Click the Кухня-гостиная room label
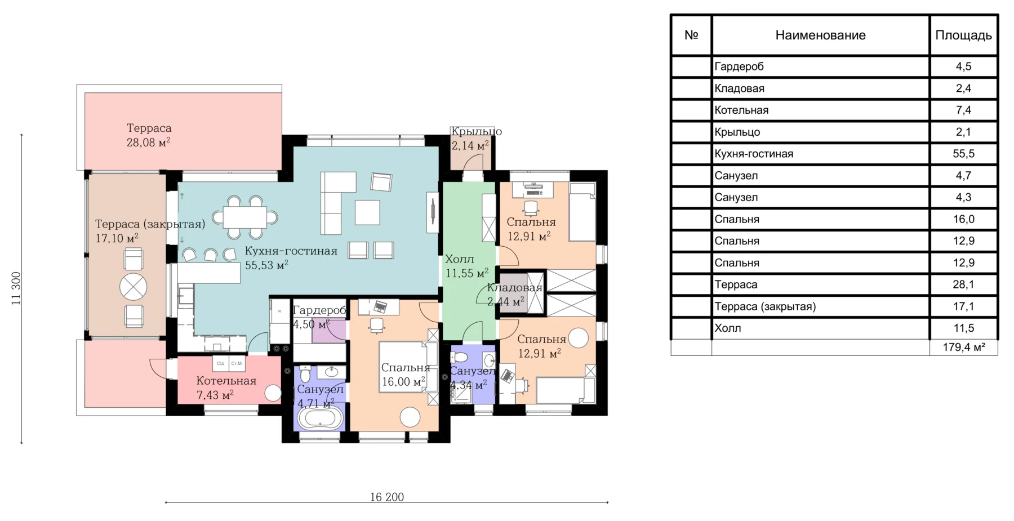point(291,251)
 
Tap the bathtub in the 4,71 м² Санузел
point(319,419)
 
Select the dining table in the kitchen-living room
point(244,217)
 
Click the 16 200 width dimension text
point(387,497)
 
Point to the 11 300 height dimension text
point(16,289)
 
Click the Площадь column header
point(963,35)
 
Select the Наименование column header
point(820,35)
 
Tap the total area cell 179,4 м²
point(964,348)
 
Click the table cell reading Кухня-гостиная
point(754,154)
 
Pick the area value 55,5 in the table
point(964,154)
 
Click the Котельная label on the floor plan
point(226,381)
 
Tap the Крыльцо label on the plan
point(477,131)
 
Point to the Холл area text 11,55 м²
point(467,273)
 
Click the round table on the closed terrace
point(134,287)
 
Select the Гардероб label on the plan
point(319,310)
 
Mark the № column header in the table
point(691,35)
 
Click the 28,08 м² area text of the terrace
point(148,142)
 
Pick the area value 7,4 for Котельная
point(964,110)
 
